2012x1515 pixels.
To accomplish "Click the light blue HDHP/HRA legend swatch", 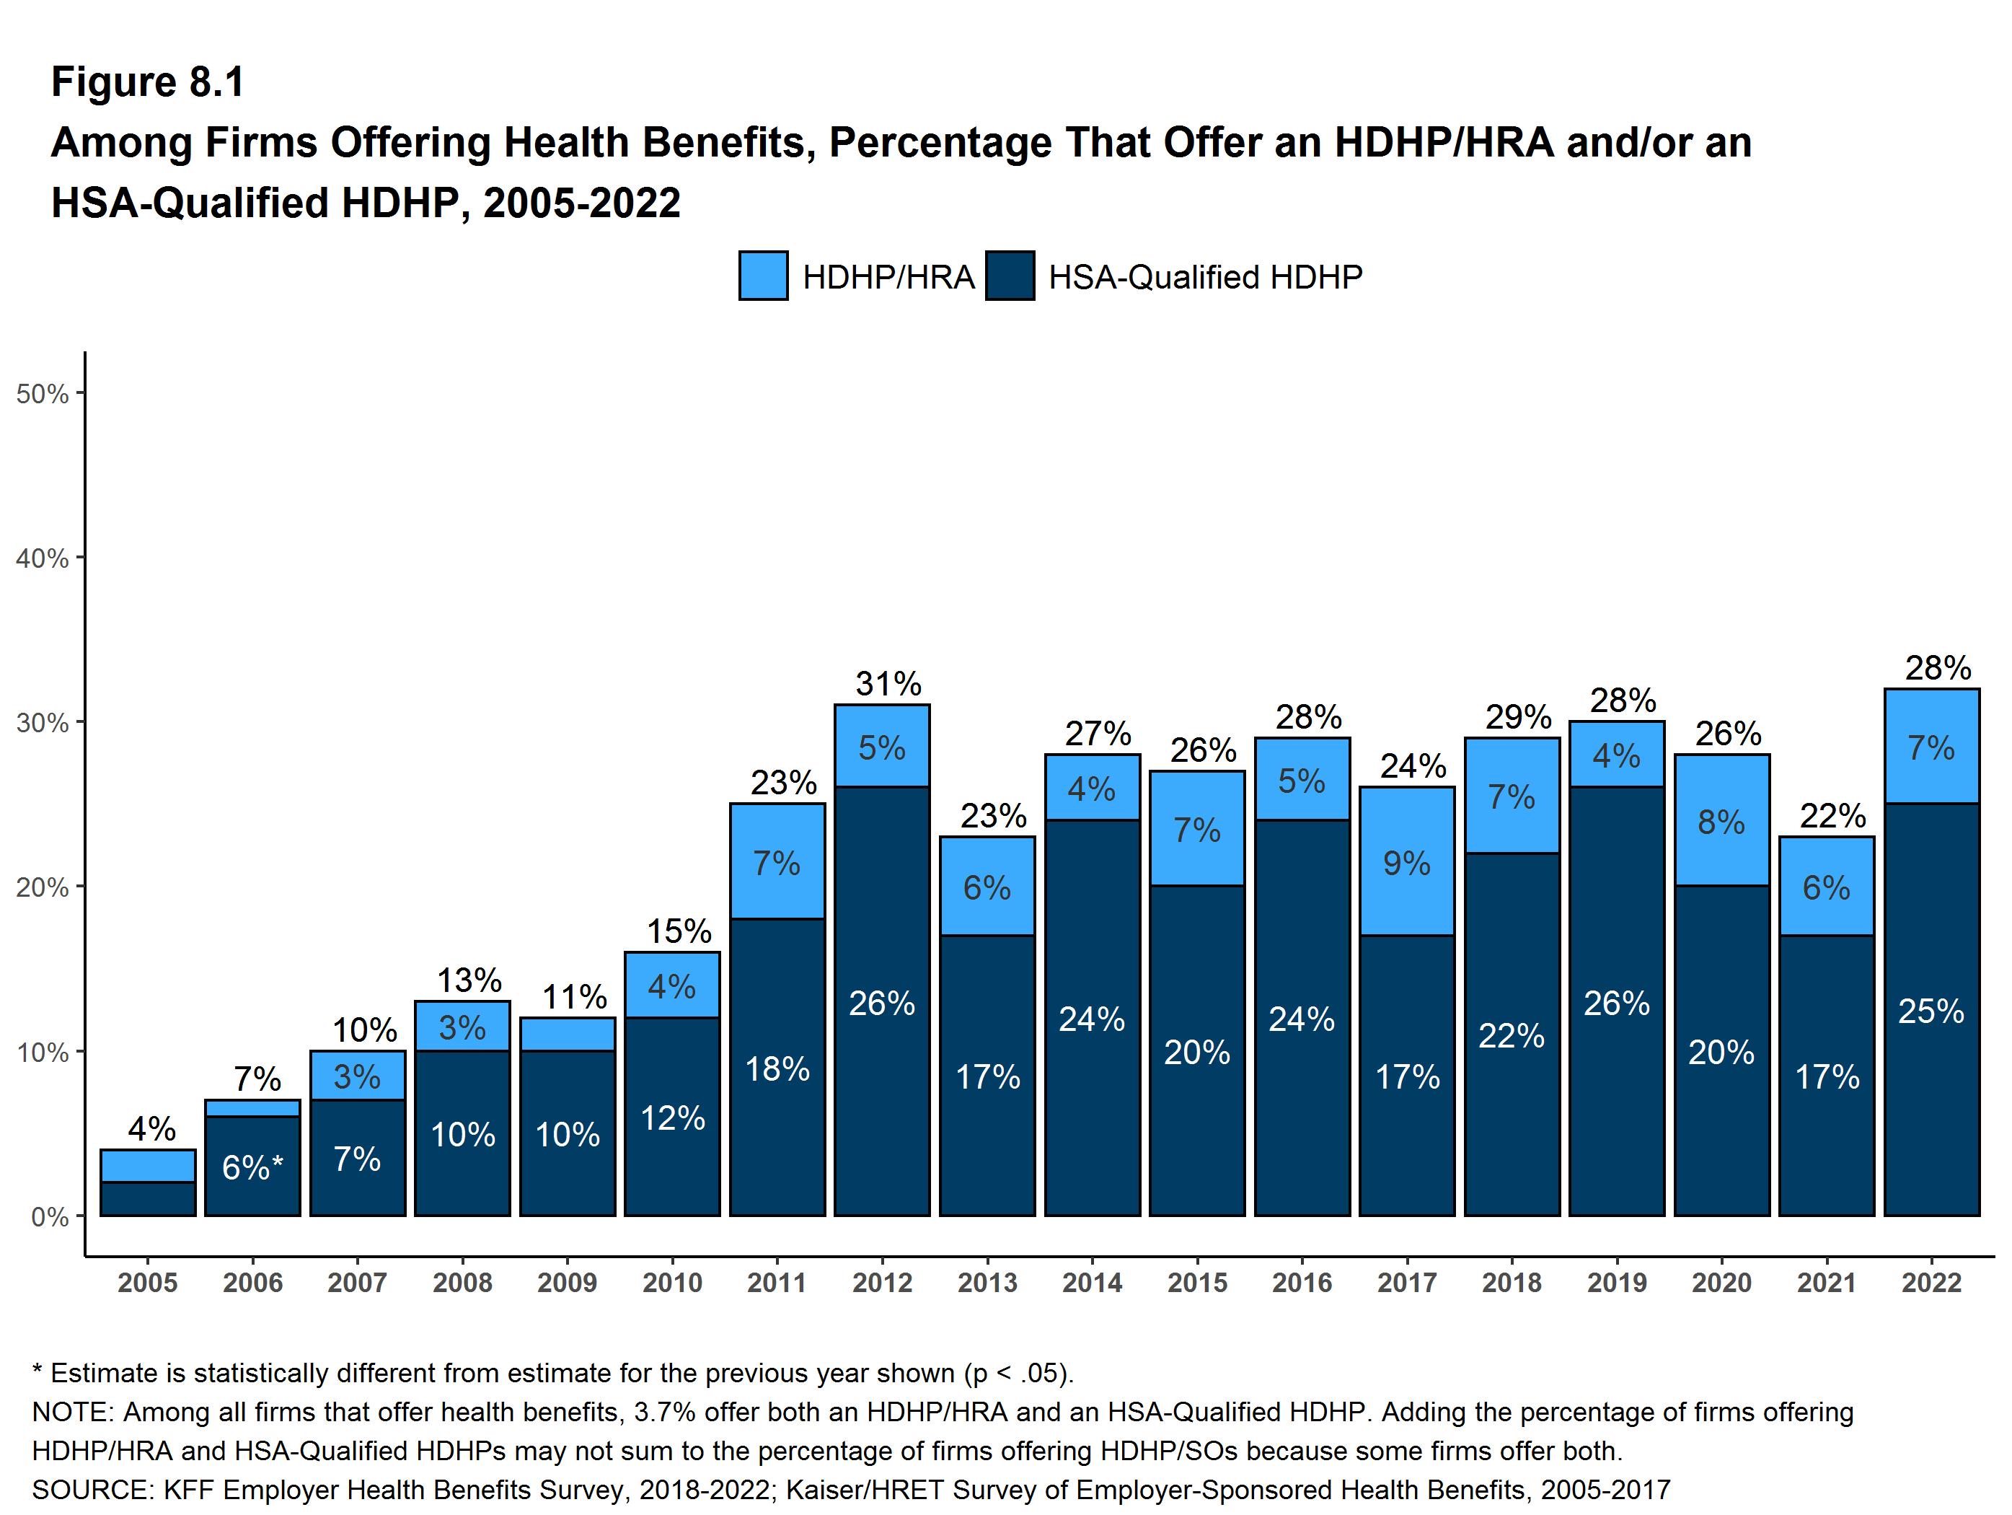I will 762,276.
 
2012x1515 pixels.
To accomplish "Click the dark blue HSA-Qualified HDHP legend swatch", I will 1009,276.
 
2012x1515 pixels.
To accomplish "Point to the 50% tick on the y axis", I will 43,394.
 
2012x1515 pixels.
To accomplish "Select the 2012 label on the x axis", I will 881,1282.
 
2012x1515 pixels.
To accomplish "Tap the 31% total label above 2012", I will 888,683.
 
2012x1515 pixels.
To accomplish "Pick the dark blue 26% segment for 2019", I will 1616,1003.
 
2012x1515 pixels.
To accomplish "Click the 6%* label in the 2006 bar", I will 252,1167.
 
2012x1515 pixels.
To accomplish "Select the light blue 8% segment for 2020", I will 1721,822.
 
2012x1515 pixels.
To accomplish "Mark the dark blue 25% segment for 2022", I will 1931,1011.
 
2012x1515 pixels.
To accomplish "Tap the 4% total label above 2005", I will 151,1128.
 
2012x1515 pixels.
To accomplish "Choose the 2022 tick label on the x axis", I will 1931,1282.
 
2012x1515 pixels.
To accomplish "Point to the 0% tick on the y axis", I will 49,1216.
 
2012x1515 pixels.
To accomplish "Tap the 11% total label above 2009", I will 574,996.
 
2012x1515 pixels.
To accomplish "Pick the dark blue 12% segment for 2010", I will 672,1117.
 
